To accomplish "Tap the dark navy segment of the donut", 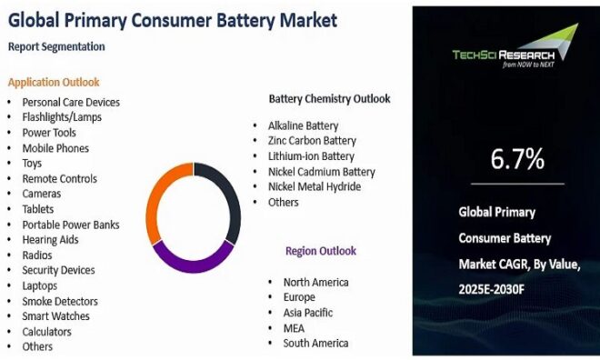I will [x=231, y=195].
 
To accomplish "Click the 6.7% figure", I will [x=516, y=159].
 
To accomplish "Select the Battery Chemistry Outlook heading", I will [x=329, y=98].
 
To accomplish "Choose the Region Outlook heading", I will [x=320, y=251].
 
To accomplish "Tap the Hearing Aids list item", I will [x=50, y=239].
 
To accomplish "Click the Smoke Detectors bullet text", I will [x=60, y=301].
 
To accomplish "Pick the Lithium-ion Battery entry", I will [x=311, y=156].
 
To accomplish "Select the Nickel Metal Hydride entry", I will [x=315, y=186].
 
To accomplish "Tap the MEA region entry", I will [x=295, y=327].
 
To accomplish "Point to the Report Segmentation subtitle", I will [x=55, y=46].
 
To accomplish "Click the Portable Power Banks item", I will [x=71, y=225].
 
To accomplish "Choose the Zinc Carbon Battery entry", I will [x=312, y=141].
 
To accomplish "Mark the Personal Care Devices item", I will [x=71, y=102].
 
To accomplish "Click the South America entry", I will [x=315, y=343].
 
